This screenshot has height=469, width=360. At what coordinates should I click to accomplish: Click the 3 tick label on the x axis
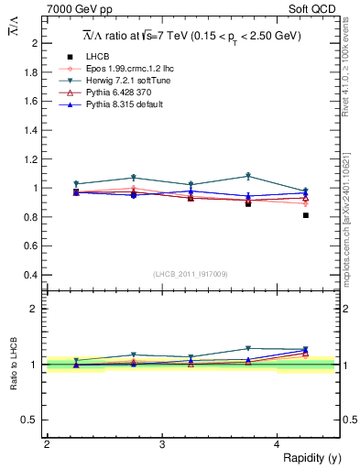tap(161, 443)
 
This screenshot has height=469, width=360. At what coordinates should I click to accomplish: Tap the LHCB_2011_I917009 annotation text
tap(190, 274)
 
